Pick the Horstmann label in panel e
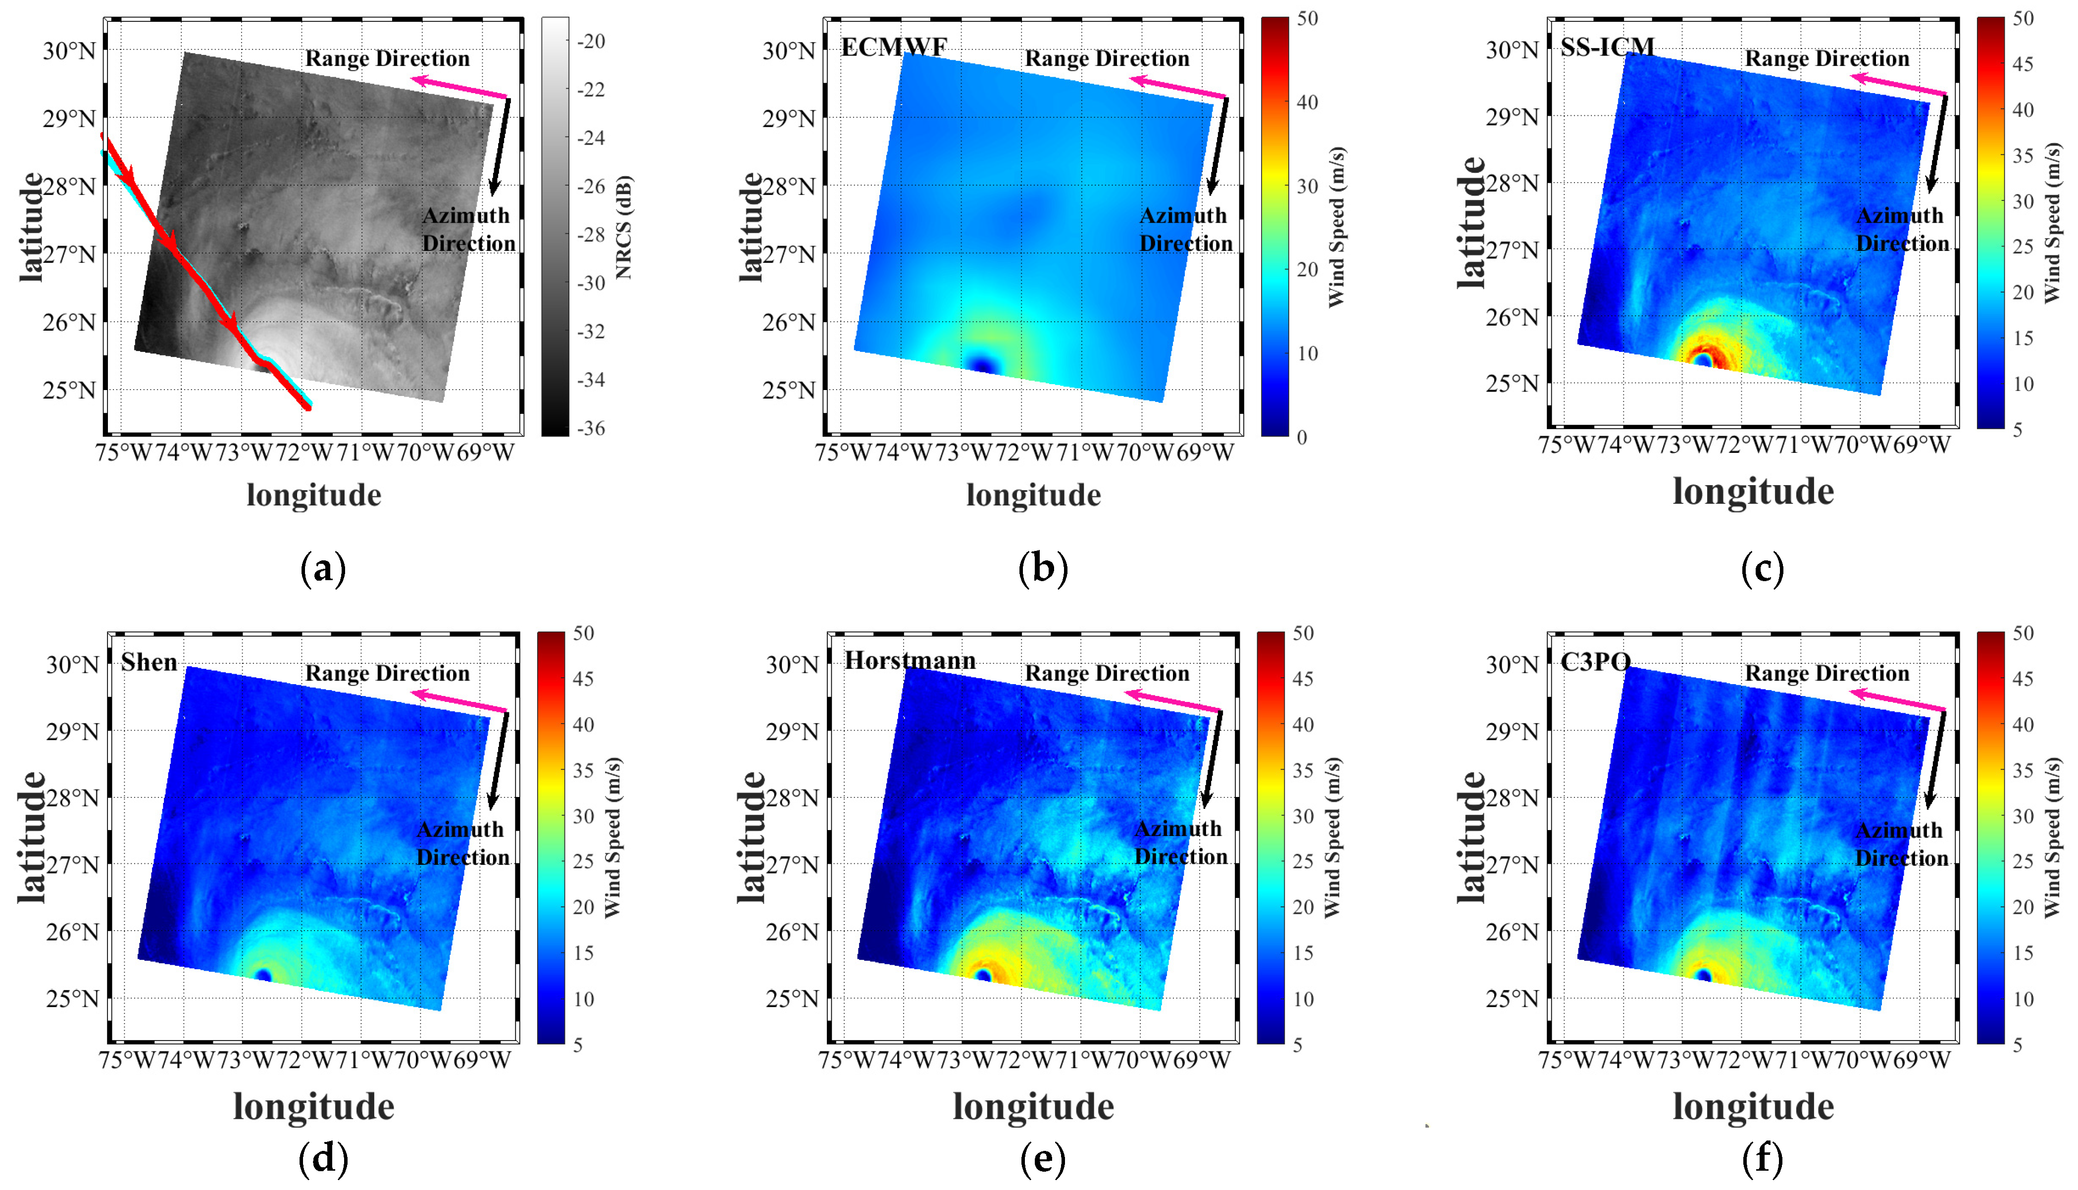point(910,660)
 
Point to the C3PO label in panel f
point(1595,661)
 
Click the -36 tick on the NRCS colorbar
point(591,428)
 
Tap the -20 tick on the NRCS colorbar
point(591,41)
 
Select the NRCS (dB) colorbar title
point(624,227)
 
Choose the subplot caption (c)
point(1762,568)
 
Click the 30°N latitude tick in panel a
point(69,50)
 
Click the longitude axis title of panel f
point(1753,1107)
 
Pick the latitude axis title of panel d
point(31,837)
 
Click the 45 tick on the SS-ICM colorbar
point(2023,64)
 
